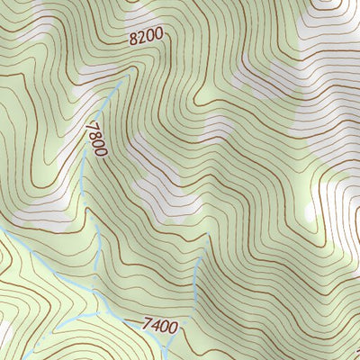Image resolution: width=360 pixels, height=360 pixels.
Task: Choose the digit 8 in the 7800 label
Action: point(95,133)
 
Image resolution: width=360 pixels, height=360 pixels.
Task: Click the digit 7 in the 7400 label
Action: point(147,323)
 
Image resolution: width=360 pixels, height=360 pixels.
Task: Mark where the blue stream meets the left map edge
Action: point(1,230)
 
